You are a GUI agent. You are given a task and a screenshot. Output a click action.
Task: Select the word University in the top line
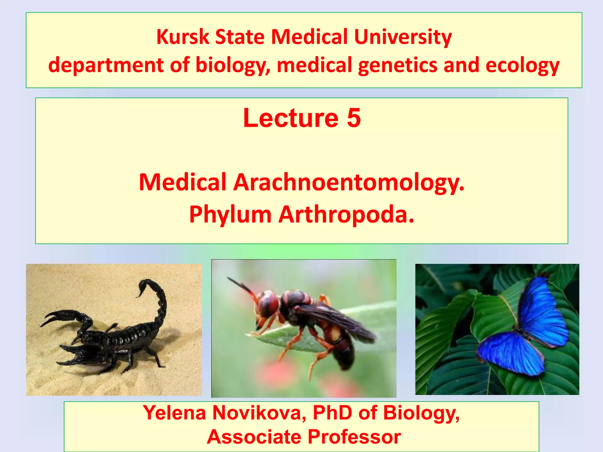(402, 37)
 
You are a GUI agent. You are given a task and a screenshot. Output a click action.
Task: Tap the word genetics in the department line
(397, 65)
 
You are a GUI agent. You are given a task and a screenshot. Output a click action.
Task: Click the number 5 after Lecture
(354, 118)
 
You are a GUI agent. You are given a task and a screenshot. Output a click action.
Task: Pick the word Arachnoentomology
(349, 182)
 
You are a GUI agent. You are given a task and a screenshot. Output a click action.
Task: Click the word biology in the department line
(232, 65)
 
